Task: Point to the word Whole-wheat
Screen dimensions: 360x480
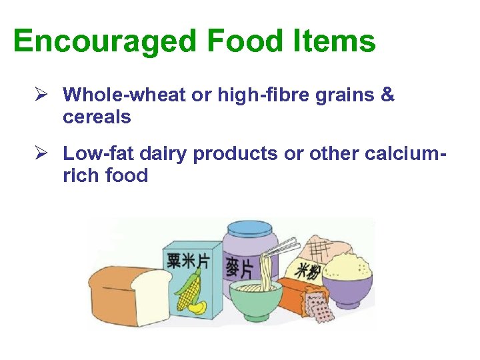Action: click(x=125, y=95)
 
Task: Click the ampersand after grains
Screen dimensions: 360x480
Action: click(x=387, y=95)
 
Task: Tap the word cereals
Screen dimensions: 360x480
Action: click(x=97, y=117)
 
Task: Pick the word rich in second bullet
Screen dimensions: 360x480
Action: click(x=79, y=176)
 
